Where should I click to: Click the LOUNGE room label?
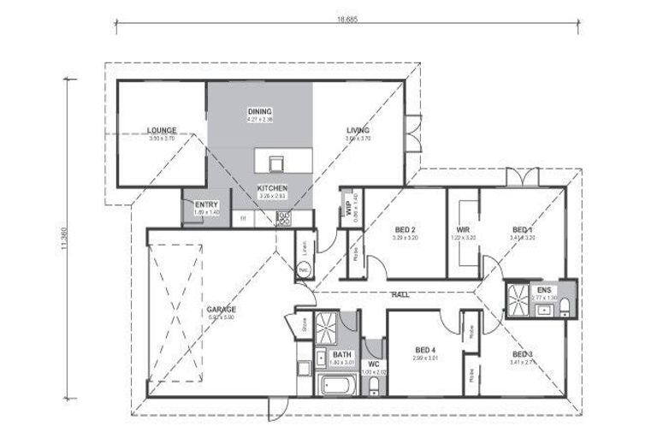pos(162,131)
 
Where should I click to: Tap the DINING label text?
pos(259,112)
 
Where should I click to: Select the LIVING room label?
pos(358,131)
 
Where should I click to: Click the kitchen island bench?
pos(275,161)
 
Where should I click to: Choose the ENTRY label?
pos(206,204)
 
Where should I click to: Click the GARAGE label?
pos(221,309)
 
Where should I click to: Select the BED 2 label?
pos(405,229)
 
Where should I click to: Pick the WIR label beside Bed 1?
pos(463,229)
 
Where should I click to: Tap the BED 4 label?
pos(426,350)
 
